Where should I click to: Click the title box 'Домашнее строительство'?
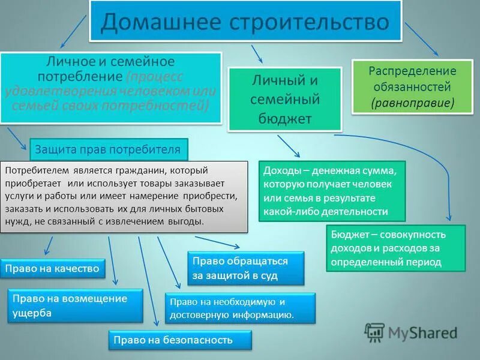[x=245, y=22]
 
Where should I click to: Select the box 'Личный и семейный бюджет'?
[x=284, y=99]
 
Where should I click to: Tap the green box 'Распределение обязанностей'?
[x=412, y=86]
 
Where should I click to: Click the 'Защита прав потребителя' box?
[x=108, y=149]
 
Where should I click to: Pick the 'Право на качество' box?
[x=52, y=269]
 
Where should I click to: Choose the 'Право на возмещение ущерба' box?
[x=75, y=305]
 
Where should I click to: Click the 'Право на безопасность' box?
[x=179, y=340]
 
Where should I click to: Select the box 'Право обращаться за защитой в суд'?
[x=245, y=268]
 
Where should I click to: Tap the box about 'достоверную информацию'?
[x=239, y=308]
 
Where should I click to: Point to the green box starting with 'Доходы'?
[x=332, y=191]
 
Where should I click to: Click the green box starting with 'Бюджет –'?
[x=395, y=248]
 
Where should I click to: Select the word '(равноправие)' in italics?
[x=412, y=103]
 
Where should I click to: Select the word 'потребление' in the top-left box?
[x=81, y=77]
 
